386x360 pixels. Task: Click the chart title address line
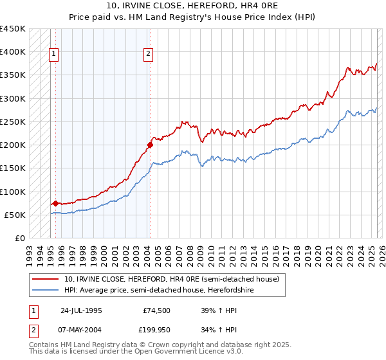pyautogui.click(x=193, y=6)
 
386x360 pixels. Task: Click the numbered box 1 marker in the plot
pyautogui.click(x=53, y=55)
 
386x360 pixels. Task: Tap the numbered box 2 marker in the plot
pyautogui.click(x=148, y=55)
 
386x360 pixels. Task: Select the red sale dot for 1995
pyautogui.click(x=55, y=204)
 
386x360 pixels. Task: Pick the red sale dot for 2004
pyautogui.click(x=149, y=145)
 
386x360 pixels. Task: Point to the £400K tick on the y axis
pyautogui.click(x=13, y=52)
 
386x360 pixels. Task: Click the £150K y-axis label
pyautogui.click(x=13, y=168)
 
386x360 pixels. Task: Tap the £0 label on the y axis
pyautogui.click(x=19, y=239)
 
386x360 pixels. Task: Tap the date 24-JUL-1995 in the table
pyautogui.click(x=81, y=310)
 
